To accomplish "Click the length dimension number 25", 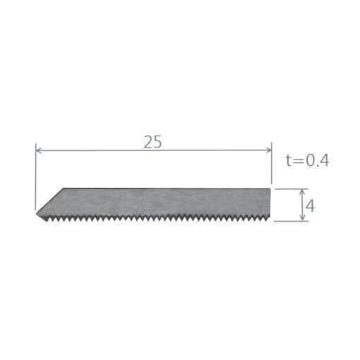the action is tap(152, 142).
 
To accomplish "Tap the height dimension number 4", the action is tap(310, 207).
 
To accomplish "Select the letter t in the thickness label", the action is tap(289, 161).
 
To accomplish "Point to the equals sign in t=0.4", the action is tap(298, 162).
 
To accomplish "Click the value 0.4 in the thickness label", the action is tap(317, 161).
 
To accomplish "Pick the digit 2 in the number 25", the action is tap(148, 142).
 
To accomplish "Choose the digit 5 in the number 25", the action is tap(157, 142).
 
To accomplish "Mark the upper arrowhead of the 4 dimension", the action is tap(303, 192).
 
